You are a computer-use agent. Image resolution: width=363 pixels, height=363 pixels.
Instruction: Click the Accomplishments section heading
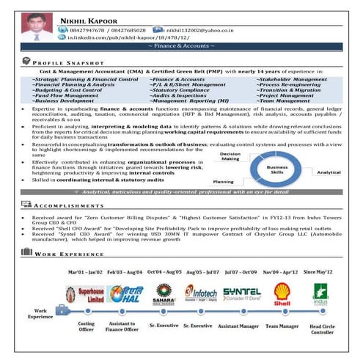(x=69, y=208)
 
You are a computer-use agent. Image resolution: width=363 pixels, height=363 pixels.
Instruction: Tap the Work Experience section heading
(x=70, y=253)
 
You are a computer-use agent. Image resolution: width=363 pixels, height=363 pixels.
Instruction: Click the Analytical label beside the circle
(x=328, y=173)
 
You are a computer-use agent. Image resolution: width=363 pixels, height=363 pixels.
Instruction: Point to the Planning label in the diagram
(x=223, y=180)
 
